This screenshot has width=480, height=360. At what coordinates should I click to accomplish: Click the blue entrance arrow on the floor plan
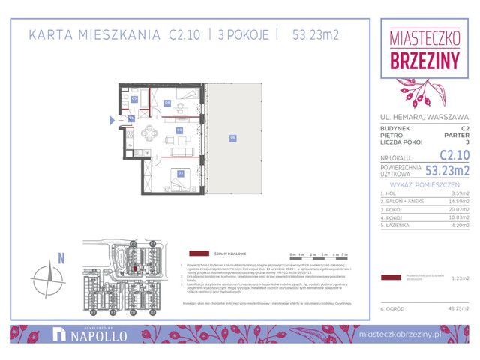pyautogui.click(x=113, y=118)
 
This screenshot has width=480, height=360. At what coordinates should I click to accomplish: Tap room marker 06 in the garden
pyautogui.click(x=233, y=137)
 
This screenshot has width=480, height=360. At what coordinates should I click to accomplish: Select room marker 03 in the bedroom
pyautogui.click(x=181, y=172)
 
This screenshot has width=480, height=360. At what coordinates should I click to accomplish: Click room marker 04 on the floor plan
pyautogui.click(x=167, y=103)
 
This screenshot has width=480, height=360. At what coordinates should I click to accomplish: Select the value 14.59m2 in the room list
pyautogui.click(x=456, y=201)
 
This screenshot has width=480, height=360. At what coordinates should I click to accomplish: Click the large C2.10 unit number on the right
pyautogui.click(x=454, y=155)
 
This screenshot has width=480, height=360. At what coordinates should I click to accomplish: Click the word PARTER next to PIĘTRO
pyautogui.click(x=455, y=135)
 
